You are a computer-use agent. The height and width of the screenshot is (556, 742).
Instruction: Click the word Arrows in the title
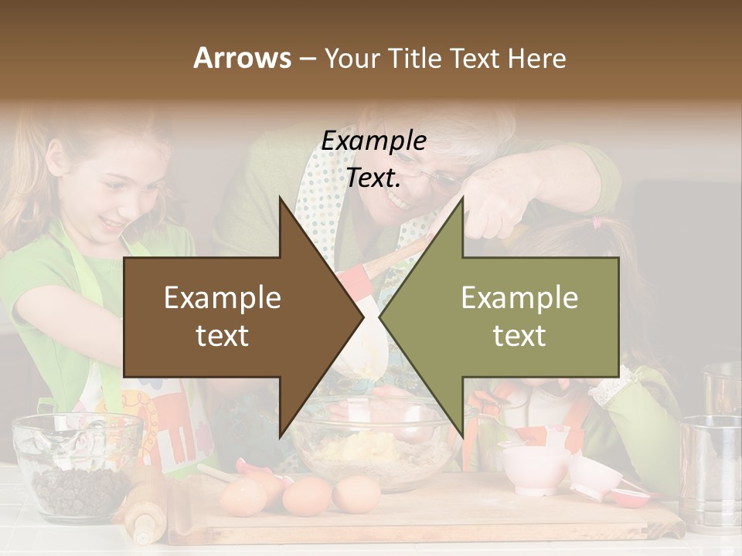pyautogui.click(x=242, y=58)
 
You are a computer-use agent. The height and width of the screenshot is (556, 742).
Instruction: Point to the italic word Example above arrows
pyautogui.click(x=373, y=141)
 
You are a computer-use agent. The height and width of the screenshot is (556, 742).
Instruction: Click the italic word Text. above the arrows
pyautogui.click(x=373, y=178)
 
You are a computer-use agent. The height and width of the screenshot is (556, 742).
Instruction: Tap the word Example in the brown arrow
pyautogui.click(x=222, y=297)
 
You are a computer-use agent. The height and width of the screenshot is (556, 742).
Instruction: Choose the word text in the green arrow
pyautogui.click(x=519, y=336)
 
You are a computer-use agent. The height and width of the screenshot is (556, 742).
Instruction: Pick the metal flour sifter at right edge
pyautogui.click(x=711, y=471)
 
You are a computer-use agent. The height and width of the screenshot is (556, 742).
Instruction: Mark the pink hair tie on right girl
pyautogui.click(x=596, y=223)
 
